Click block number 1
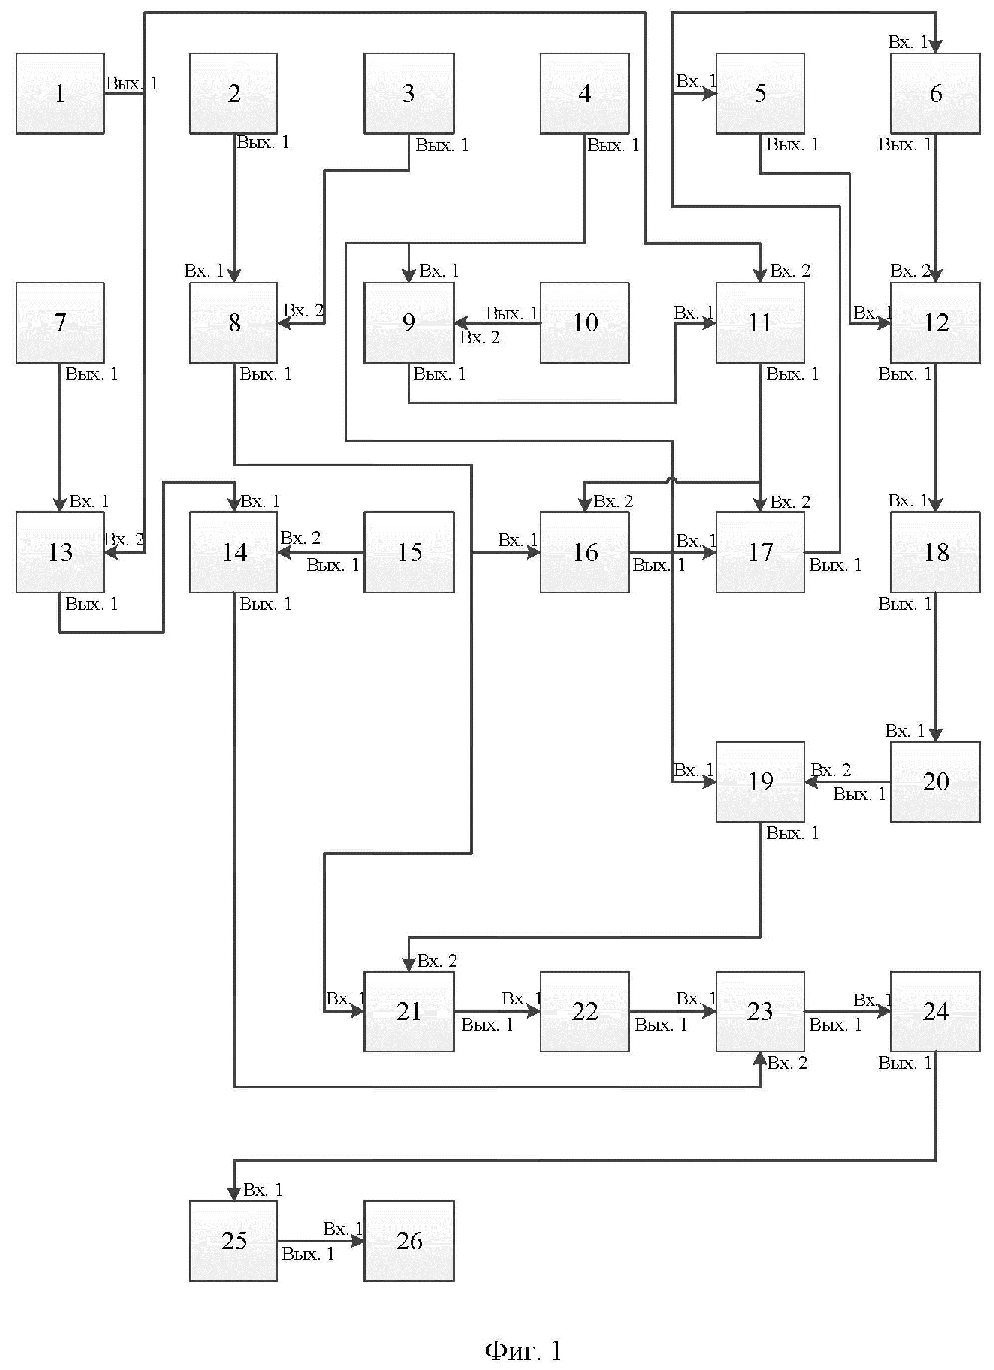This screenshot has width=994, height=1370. (60, 93)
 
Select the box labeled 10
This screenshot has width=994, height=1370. (585, 323)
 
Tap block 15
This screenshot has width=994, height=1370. (409, 552)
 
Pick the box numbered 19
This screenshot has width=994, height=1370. (760, 782)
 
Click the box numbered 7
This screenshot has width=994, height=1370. (60, 323)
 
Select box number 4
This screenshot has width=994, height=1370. (585, 93)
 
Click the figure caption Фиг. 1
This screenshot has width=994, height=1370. (523, 1349)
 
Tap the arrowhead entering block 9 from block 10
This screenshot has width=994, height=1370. (461, 323)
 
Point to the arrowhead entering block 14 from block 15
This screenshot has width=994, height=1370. (284, 552)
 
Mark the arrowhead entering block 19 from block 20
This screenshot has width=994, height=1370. (812, 782)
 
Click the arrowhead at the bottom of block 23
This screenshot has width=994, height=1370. (760, 1059)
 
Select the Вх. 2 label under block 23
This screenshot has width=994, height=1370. (787, 1063)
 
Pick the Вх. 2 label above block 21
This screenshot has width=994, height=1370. (437, 961)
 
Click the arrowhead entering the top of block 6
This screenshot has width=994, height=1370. (935, 46)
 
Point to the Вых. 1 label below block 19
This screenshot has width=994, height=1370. (792, 834)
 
